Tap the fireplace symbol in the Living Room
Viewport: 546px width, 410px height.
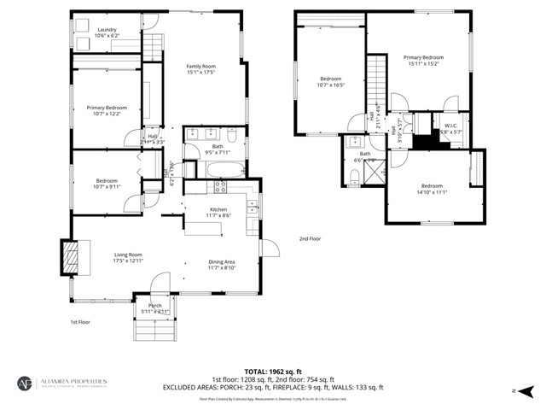click(x=70, y=256)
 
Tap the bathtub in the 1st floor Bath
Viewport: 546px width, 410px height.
click(x=224, y=168)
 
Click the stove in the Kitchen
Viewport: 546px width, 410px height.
click(x=218, y=185)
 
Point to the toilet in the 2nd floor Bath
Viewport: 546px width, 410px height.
click(x=353, y=176)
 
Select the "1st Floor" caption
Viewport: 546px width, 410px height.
click(x=81, y=322)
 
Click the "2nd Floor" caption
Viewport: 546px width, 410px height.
click(x=310, y=238)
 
